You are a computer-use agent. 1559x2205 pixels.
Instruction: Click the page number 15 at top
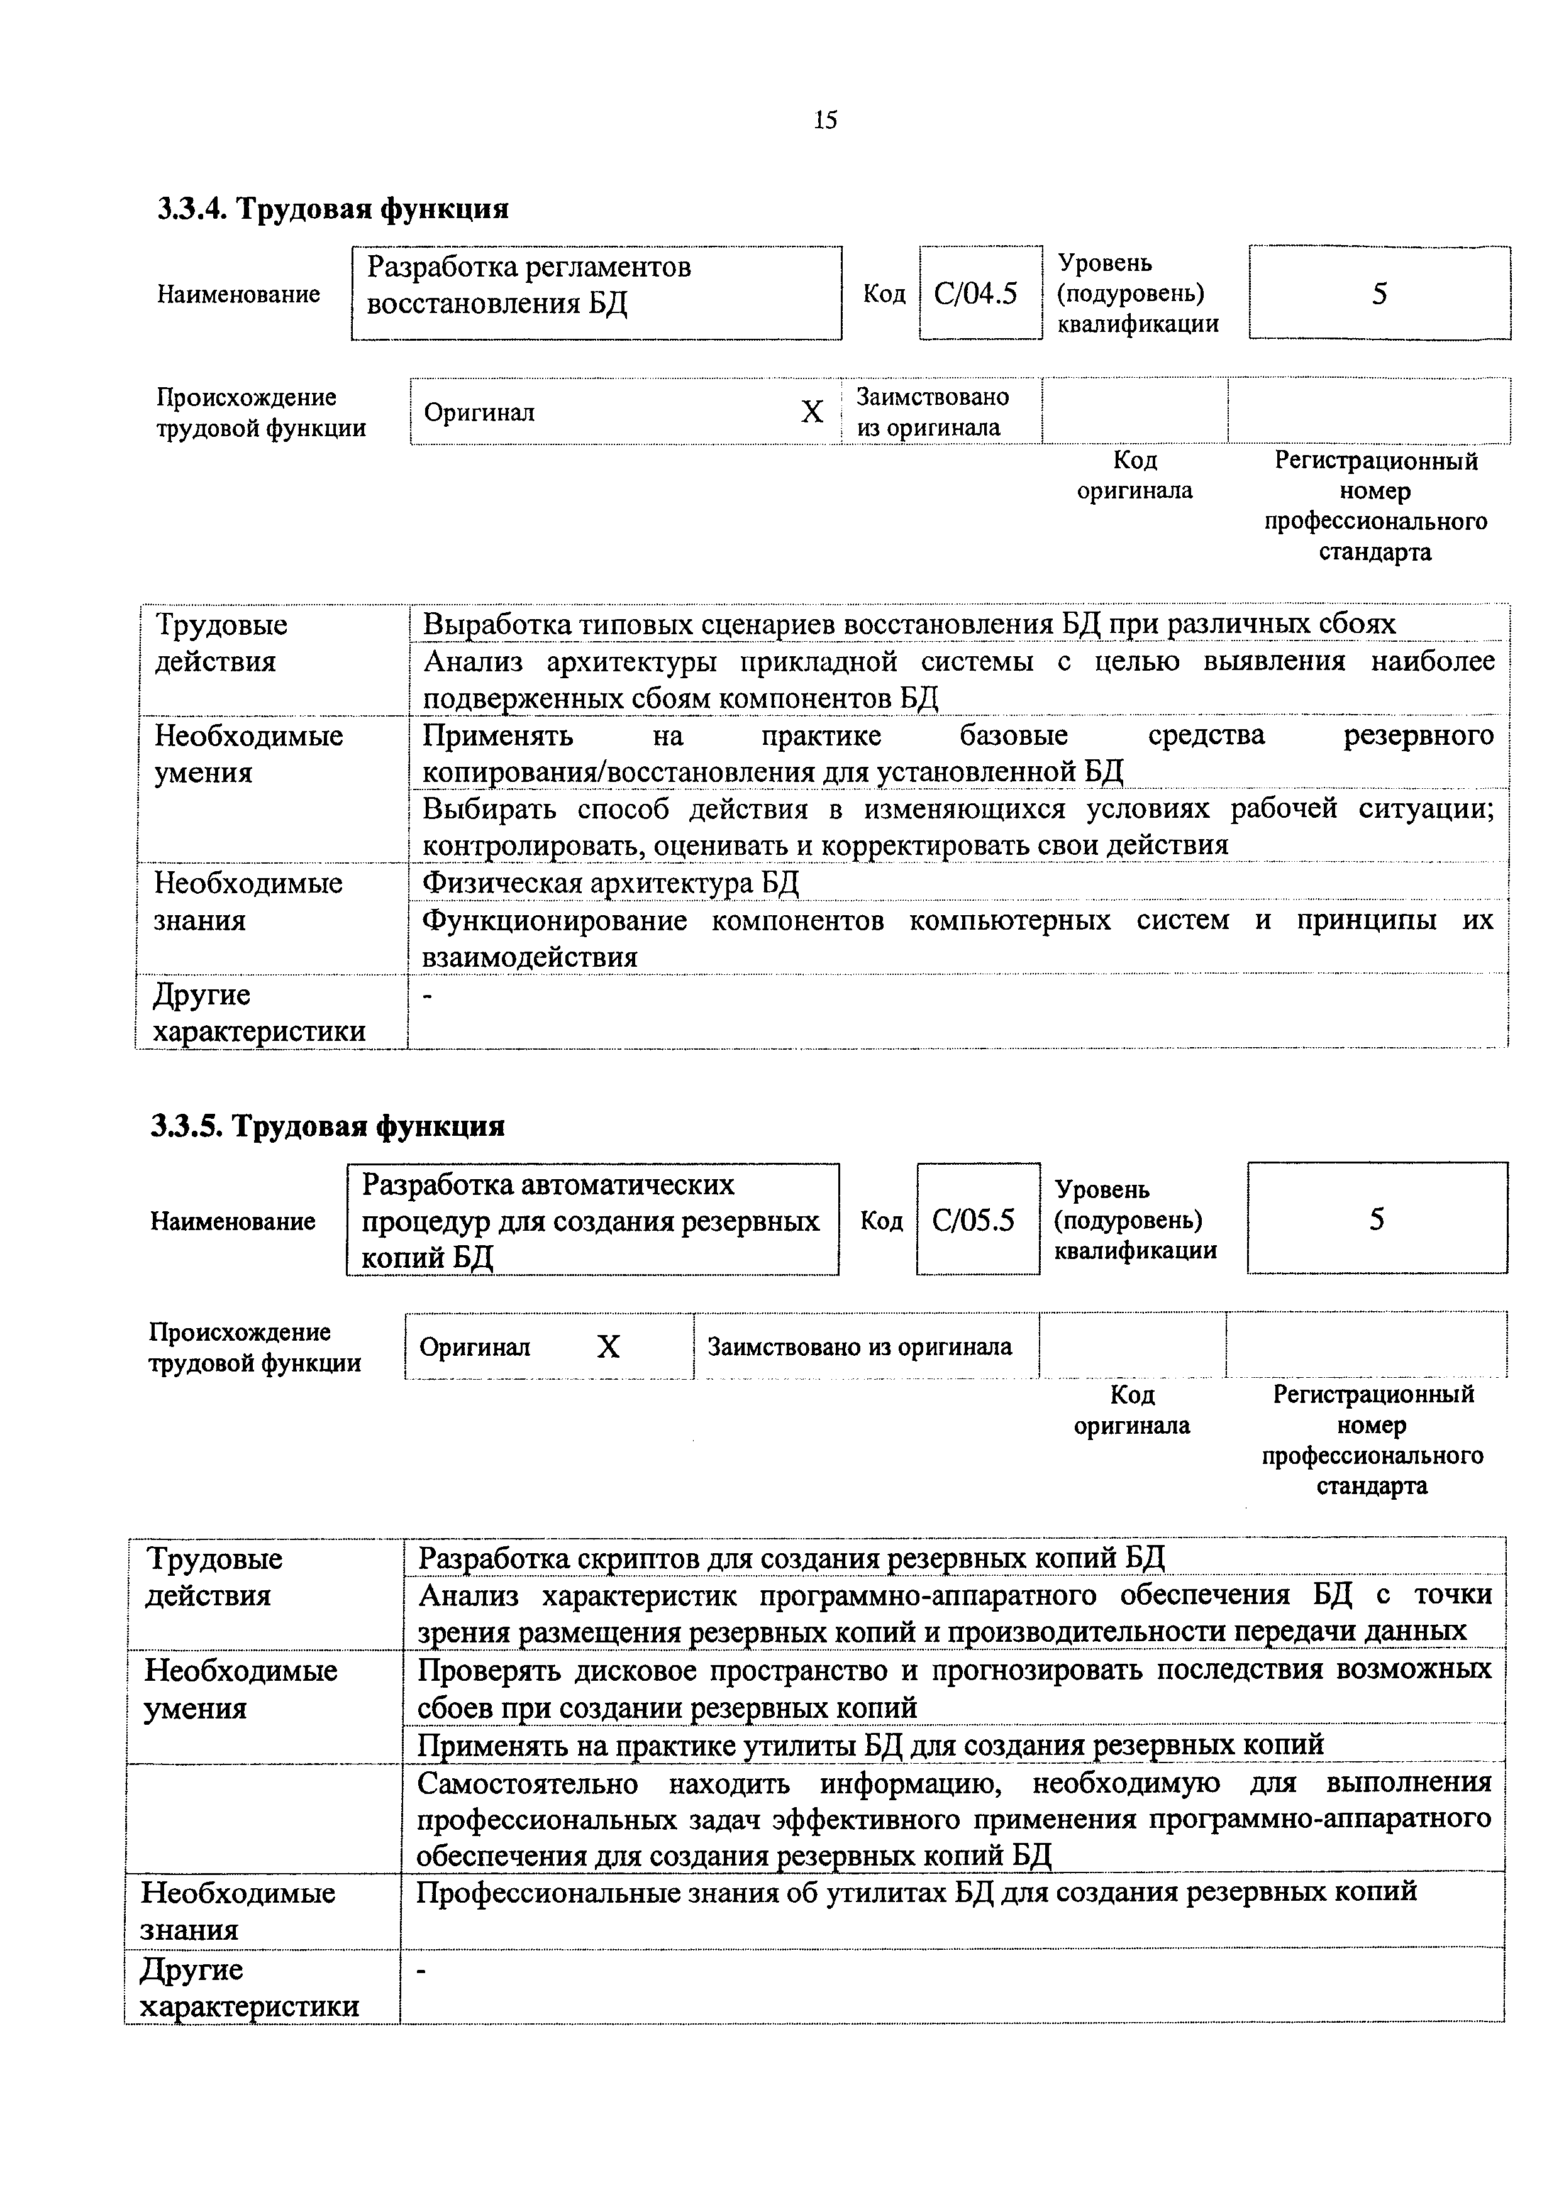click(x=825, y=120)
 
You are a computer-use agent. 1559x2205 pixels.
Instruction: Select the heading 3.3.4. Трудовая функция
click(x=332, y=209)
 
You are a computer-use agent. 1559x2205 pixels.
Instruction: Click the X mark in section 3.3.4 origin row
click(x=812, y=412)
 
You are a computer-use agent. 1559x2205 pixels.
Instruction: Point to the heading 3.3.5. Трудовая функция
click(x=328, y=1124)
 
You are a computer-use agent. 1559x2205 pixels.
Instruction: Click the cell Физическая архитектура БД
click(x=611, y=882)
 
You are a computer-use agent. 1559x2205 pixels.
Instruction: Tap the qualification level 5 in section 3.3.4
click(x=1379, y=293)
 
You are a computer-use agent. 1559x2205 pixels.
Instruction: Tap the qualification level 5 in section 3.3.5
click(x=1377, y=1219)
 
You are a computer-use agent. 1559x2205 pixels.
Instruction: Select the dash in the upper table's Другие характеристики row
click(x=428, y=997)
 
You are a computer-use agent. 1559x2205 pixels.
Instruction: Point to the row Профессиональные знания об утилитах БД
click(x=916, y=1891)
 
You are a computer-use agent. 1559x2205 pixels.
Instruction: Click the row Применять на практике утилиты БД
click(x=870, y=1743)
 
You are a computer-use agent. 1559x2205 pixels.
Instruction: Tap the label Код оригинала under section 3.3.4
click(x=1135, y=475)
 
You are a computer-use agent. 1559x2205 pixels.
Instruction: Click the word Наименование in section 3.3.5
click(x=233, y=1221)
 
